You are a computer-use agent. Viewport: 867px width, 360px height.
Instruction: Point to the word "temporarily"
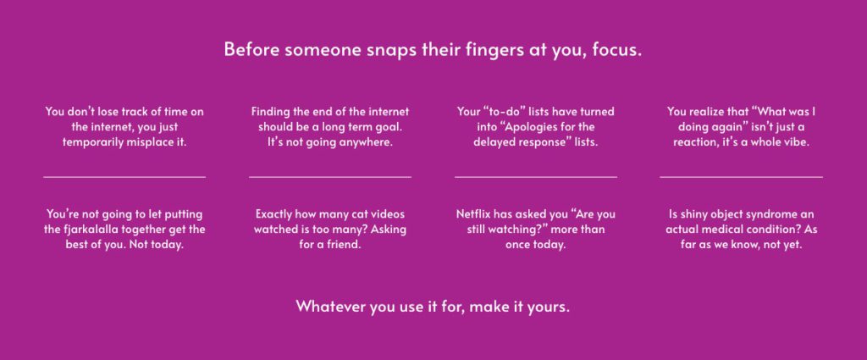click(x=93, y=142)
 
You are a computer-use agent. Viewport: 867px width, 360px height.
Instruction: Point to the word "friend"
click(x=346, y=244)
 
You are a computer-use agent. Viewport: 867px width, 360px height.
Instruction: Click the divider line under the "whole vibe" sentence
click(x=741, y=177)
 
